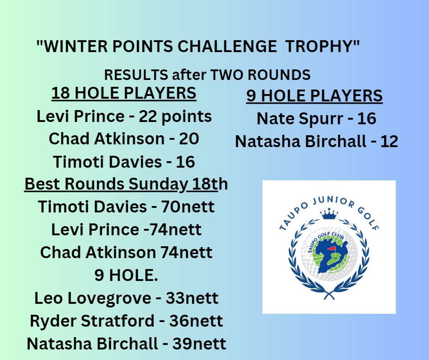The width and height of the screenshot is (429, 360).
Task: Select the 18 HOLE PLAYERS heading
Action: click(x=124, y=93)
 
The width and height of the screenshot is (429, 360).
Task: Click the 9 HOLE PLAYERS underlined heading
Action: click(x=314, y=96)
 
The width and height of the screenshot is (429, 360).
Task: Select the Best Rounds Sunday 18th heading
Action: click(x=126, y=184)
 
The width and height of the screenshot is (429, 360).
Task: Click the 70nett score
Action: click(x=188, y=207)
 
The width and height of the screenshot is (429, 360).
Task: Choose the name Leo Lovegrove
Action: click(x=92, y=298)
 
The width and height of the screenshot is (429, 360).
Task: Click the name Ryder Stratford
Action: click(x=92, y=321)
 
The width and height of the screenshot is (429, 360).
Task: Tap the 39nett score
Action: click(x=199, y=344)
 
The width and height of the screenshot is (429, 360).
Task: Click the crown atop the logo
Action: click(x=329, y=214)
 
